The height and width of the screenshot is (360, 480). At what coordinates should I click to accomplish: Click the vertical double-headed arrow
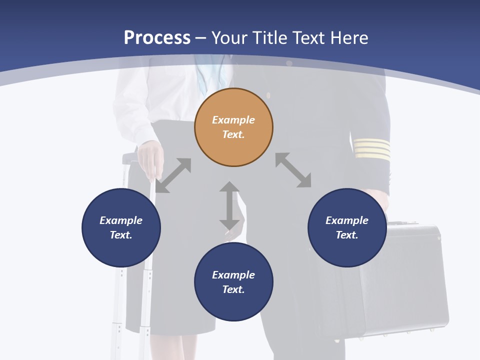[229, 206]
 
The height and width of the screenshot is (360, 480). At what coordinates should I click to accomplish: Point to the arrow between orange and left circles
[173, 175]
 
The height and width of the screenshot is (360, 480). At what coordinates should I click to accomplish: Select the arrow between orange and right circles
[293, 170]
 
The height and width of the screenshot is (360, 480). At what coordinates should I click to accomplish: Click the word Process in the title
[157, 37]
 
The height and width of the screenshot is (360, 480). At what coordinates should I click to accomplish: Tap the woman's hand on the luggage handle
[150, 156]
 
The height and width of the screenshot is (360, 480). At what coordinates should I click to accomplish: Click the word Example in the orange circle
[233, 120]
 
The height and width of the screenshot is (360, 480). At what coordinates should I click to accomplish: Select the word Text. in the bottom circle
[233, 289]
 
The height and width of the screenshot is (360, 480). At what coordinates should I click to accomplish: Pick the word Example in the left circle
[121, 220]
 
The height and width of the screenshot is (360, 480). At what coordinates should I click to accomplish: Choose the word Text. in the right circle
[347, 235]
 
